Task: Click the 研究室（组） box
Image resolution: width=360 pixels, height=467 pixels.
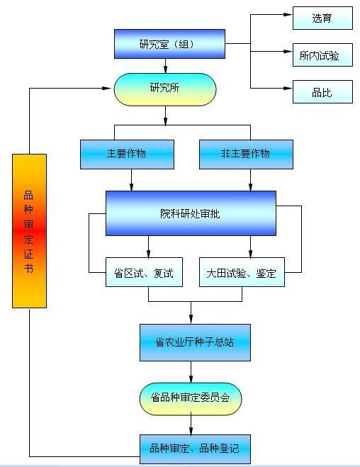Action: pyautogui.click(x=169, y=44)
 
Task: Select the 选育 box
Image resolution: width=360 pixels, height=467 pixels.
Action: pyautogui.click(x=322, y=18)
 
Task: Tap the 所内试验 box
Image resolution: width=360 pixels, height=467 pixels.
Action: pyautogui.click(x=322, y=55)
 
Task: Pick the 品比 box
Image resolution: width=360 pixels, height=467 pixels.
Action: pyautogui.click(x=322, y=92)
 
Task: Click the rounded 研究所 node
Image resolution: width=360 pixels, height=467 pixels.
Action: pyautogui.click(x=165, y=89)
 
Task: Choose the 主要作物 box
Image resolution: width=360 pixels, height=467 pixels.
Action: pyautogui.click(x=127, y=154)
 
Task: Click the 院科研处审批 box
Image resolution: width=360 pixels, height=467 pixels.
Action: pyautogui.click(x=191, y=213)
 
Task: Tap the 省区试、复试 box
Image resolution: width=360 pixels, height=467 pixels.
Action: pyautogui.click(x=144, y=272)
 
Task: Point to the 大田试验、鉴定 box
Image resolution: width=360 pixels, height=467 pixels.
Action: pyautogui.click(x=242, y=272)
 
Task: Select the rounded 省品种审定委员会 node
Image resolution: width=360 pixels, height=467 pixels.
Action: pyautogui.click(x=191, y=399)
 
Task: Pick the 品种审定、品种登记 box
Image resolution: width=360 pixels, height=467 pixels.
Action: pyautogui.click(x=195, y=449)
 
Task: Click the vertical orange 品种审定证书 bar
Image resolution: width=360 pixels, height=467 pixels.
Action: pyautogui.click(x=29, y=230)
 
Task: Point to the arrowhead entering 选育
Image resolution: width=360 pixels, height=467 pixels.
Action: pyautogui.click(x=288, y=15)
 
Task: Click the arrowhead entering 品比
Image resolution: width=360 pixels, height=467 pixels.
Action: pyautogui.click(x=288, y=89)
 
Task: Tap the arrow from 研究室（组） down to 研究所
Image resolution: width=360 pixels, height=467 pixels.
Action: pyautogui.click(x=165, y=66)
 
